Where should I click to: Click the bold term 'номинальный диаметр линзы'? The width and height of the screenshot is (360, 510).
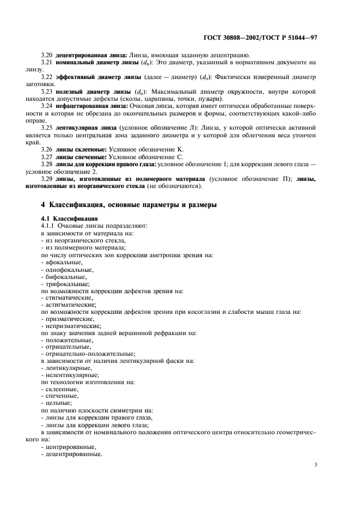coord(89,63)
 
